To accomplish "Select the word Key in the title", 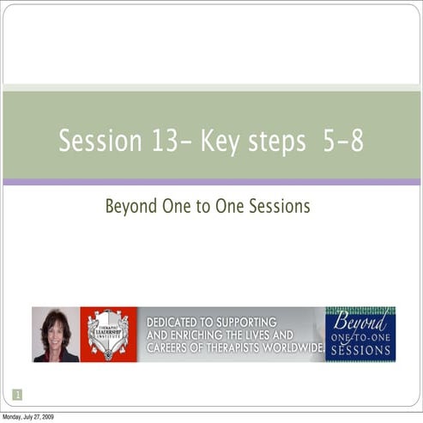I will (x=219, y=142).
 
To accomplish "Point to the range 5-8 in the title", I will (x=342, y=142).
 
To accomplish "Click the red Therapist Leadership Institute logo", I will (x=108, y=335).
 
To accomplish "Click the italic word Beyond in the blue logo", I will (x=360, y=322).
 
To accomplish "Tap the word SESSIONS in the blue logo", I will (x=360, y=351).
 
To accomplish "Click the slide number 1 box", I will (x=17, y=395).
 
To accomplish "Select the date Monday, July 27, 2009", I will (x=27, y=417).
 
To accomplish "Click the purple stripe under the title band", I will (x=211, y=182).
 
